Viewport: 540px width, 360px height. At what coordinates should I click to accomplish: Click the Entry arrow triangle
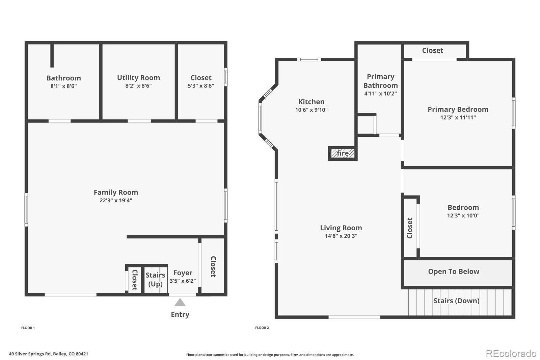coord(180,302)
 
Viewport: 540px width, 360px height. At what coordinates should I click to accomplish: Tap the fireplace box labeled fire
coord(343,153)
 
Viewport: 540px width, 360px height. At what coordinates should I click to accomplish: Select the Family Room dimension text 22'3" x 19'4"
coord(116,200)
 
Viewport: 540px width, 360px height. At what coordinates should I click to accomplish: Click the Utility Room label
coord(138,78)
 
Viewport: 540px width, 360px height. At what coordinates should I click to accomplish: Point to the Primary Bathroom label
coord(380,81)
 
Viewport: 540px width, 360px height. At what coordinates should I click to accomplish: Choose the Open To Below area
coord(454,272)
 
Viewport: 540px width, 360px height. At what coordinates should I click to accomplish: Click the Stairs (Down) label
coord(456,301)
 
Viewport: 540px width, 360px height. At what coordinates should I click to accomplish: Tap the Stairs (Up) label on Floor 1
coord(155,279)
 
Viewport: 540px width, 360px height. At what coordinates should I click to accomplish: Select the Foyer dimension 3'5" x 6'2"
coord(183,281)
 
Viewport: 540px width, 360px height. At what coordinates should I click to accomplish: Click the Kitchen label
coord(311,102)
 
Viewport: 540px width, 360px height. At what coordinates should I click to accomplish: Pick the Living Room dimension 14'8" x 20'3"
coord(341,236)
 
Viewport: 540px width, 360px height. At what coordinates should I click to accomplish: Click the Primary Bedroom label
coord(458,109)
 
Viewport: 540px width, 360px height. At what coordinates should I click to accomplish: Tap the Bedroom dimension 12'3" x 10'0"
coord(463,215)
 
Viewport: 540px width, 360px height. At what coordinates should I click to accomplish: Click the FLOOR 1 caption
coord(28,328)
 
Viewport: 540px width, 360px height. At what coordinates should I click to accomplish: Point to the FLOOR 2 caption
coord(262,328)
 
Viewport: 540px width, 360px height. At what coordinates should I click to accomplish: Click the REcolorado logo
coord(511,354)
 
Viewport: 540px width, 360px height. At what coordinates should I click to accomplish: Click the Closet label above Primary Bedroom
coord(432,50)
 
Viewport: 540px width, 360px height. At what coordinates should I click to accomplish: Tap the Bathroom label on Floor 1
coord(63,78)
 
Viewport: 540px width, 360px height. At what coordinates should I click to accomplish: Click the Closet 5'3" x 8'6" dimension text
coord(201,86)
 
